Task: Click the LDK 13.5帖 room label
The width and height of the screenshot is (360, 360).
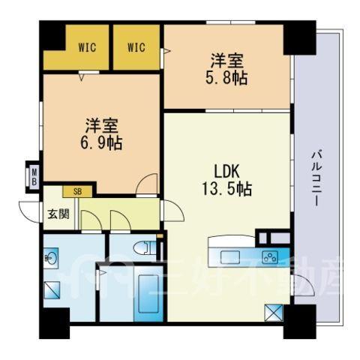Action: (x=226, y=180)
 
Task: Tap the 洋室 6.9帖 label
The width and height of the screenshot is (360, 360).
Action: (x=101, y=134)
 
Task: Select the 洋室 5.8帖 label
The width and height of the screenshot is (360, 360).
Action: (x=226, y=70)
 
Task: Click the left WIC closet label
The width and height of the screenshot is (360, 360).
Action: (x=87, y=47)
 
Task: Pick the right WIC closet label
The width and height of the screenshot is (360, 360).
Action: (x=136, y=47)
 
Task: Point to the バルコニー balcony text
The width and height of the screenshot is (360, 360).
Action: (x=316, y=178)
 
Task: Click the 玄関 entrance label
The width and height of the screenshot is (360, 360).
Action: (x=58, y=214)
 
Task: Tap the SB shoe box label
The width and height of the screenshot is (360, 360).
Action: (x=77, y=192)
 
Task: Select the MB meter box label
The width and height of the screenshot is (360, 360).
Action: (x=34, y=177)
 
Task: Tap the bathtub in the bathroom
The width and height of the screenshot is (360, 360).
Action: (x=148, y=294)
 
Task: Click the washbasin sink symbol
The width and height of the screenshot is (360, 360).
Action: (x=51, y=258)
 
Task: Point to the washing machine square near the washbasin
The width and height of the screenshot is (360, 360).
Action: (x=52, y=290)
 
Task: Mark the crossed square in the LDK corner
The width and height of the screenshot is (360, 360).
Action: (x=274, y=313)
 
